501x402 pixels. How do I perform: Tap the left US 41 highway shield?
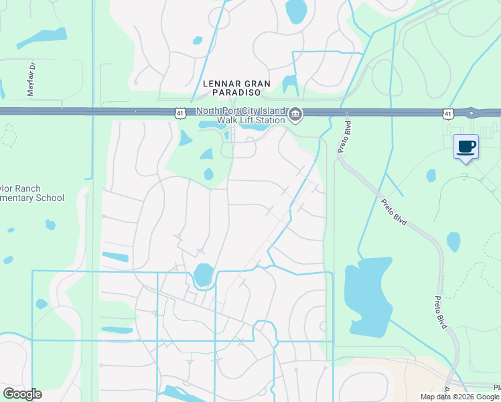click(x=180, y=115)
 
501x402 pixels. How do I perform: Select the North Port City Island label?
click(x=241, y=111)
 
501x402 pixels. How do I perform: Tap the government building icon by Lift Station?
click(x=295, y=116)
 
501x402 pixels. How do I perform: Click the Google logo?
click(x=22, y=394)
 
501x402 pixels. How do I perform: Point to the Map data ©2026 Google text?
click(x=459, y=397)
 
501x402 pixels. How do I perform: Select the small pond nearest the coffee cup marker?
click(x=431, y=176)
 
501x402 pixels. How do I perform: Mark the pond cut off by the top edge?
click(x=295, y=10)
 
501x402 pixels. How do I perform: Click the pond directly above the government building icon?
click(x=290, y=84)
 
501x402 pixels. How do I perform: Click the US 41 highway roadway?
click(x=100, y=111)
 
